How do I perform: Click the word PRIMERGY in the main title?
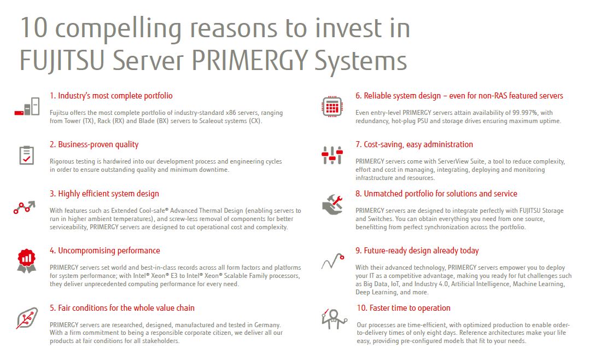click(250, 60)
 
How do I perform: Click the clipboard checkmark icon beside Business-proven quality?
click(26, 155)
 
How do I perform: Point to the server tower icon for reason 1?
click(27, 106)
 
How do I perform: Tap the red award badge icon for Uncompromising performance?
click(26, 260)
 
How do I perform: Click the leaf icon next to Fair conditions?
click(27, 318)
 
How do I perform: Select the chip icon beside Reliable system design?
click(332, 107)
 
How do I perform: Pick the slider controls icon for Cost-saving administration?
click(332, 155)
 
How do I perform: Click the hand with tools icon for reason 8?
click(332, 204)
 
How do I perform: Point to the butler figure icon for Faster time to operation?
click(334, 319)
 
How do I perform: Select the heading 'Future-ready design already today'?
click(417, 251)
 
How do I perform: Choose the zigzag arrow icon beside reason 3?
click(25, 207)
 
